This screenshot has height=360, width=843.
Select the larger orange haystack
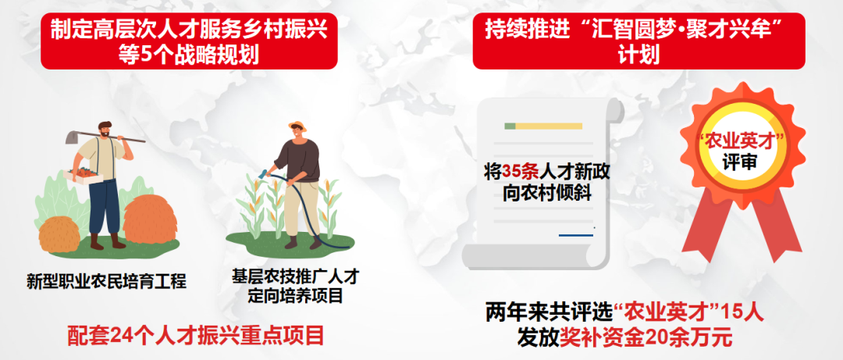151,219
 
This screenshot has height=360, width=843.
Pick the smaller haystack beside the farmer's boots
59,234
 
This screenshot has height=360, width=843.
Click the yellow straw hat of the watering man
297,127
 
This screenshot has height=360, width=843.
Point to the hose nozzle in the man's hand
264,174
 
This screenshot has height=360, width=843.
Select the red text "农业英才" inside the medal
742,143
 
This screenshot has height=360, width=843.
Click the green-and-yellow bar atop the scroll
543,126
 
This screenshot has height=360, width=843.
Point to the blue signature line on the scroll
576,235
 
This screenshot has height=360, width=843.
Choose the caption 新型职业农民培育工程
106,281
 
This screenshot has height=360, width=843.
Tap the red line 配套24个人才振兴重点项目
196,336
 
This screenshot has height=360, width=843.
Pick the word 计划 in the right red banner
638,55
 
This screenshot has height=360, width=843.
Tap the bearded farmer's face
105,130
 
